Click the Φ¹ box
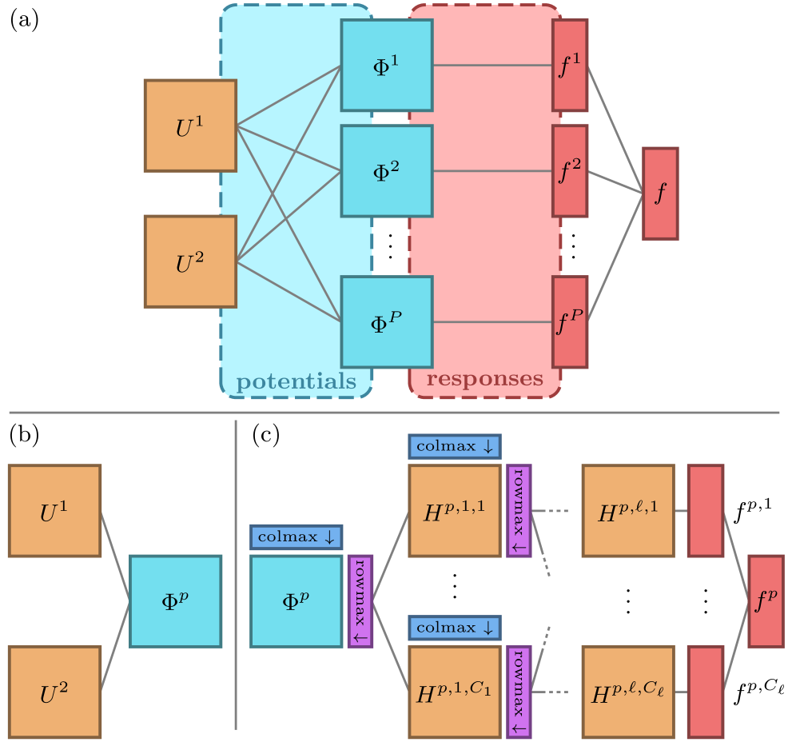387,66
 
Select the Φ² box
387,171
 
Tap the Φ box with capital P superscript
387,322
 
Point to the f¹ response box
570,66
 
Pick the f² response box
570,171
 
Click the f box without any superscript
660,193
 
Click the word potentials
296,381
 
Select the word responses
484,378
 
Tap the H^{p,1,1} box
454,511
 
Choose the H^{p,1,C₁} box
454,692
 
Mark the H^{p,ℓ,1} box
628,511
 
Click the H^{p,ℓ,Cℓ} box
628,692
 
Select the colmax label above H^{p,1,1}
454,446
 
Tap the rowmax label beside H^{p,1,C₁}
519,692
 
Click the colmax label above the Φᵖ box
296,537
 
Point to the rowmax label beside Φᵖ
360,601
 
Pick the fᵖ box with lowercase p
766,601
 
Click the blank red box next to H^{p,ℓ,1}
706,511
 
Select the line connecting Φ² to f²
492,171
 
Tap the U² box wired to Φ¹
190,261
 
